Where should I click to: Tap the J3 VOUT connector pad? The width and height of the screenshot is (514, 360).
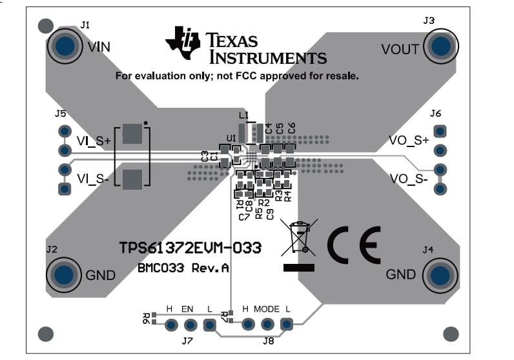441,46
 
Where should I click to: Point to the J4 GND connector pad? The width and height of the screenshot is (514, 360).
441,274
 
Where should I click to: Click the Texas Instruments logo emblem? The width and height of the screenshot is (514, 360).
182,42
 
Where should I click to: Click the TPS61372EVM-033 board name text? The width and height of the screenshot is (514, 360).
190,248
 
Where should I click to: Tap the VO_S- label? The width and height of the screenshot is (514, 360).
409,179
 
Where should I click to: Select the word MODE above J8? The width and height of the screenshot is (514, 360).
266,309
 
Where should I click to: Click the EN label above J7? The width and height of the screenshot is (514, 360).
187,309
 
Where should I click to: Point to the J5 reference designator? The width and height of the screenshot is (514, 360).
61,114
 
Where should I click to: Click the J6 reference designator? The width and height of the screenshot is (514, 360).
435,114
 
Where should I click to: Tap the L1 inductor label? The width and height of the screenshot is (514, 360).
243,115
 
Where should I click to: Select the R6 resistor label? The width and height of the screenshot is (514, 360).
147,317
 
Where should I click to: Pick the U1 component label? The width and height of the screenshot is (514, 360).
231,137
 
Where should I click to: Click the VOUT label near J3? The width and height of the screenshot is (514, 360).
400,50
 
